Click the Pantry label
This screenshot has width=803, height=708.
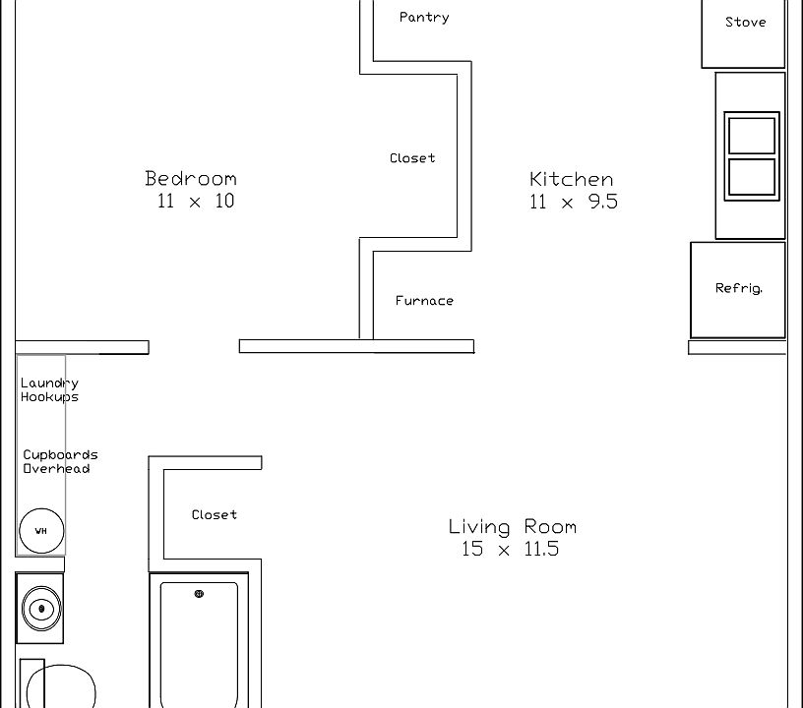(x=424, y=17)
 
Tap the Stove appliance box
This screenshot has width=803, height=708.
(x=744, y=29)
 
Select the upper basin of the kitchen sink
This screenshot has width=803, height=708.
(x=752, y=135)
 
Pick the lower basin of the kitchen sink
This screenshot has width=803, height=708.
(x=752, y=177)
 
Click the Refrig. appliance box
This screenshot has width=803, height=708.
(x=738, y=289)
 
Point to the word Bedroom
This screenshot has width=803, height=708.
(x=191, y=178)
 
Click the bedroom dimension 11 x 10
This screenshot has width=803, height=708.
(x=195, y=202)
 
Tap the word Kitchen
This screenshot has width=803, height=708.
(x=571, y=179)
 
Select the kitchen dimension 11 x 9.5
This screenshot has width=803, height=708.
(x=573, y=203)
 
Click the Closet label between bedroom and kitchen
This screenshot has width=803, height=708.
(x=412, y=157)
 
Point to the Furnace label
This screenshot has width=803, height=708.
(x=424, y=301)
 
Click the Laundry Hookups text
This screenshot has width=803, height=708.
(x=49, y=390)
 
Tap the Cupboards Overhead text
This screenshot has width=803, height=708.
(x=60, y=462)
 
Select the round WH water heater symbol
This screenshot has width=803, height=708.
(x=41, y=531)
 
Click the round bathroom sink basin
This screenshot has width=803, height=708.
(x=40, y=609)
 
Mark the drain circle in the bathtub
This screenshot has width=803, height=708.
(x=199, y=594)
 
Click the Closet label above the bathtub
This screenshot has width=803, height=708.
(x=214, y=514)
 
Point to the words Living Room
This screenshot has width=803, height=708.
(x=512, y=526)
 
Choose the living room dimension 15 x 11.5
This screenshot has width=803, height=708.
(x=510, y=550)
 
